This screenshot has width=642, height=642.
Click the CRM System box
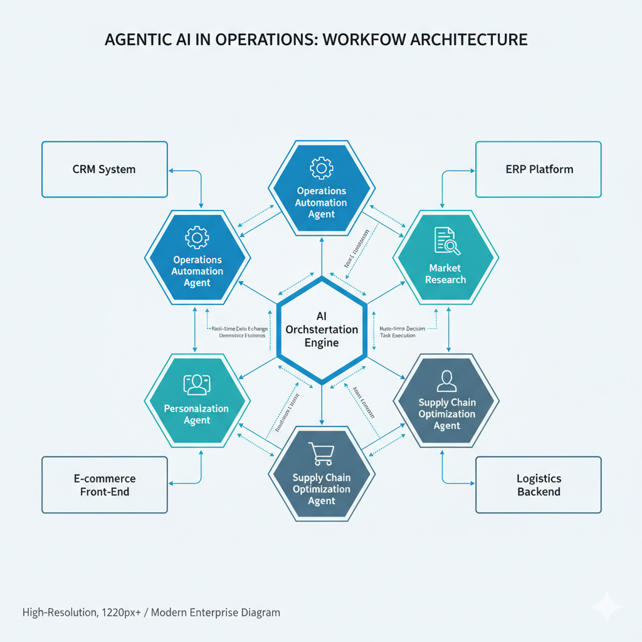pos(104,169)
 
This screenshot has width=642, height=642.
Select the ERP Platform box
pos(538,169)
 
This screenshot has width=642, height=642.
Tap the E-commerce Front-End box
pos(104,485)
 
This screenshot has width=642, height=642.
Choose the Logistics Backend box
pos(538,485)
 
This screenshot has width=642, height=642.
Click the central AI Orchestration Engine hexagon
pos(321,329)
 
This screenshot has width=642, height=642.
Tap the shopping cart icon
pos(321,454)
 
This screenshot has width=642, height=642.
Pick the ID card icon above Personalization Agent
pos(196,384)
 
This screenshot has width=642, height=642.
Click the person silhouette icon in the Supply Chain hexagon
pos(446,380)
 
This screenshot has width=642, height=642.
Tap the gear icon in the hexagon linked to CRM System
pos(197,238)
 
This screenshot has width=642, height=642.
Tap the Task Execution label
pos(397,335)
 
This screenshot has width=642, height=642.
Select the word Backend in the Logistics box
pos(539,492)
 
